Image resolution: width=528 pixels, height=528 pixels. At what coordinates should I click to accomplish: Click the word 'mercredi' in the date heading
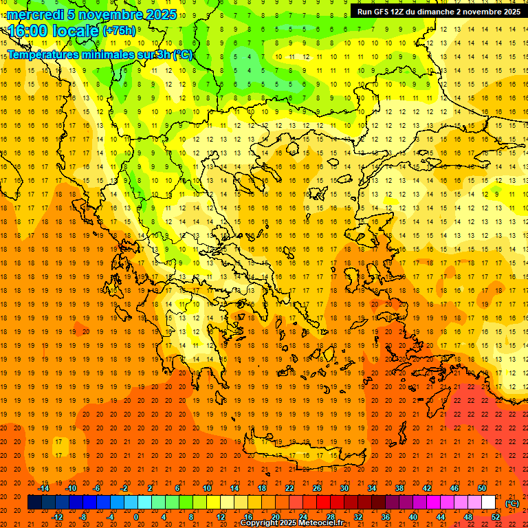click(36, 14)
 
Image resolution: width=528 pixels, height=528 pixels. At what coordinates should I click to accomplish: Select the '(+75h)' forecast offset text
click(119, 31)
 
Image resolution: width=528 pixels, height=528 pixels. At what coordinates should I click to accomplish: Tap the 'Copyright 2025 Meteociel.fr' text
click(291, 523)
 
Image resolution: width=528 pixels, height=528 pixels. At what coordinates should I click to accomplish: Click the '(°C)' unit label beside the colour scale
click(512, 503)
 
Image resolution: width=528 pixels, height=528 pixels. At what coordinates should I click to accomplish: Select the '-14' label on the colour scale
click(44, 488)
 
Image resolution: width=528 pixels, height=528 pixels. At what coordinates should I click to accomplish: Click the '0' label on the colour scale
click(135, 517)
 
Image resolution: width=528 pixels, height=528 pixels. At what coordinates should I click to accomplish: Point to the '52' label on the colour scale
click(496, 517)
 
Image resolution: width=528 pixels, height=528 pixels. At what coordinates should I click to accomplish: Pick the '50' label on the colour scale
click(482, 488)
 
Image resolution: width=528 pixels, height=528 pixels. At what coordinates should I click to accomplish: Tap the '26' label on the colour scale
click(317, 488)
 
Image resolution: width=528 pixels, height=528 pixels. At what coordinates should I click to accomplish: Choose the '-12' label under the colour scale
click(57, 517)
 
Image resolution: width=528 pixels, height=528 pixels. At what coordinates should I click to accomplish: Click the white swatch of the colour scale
click(489, 503)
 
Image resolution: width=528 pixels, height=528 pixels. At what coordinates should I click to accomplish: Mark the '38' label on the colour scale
click(399, 488)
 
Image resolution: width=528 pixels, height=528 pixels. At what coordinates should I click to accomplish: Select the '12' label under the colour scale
click(221, 517)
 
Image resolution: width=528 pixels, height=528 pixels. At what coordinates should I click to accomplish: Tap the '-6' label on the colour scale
click(98, 488)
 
